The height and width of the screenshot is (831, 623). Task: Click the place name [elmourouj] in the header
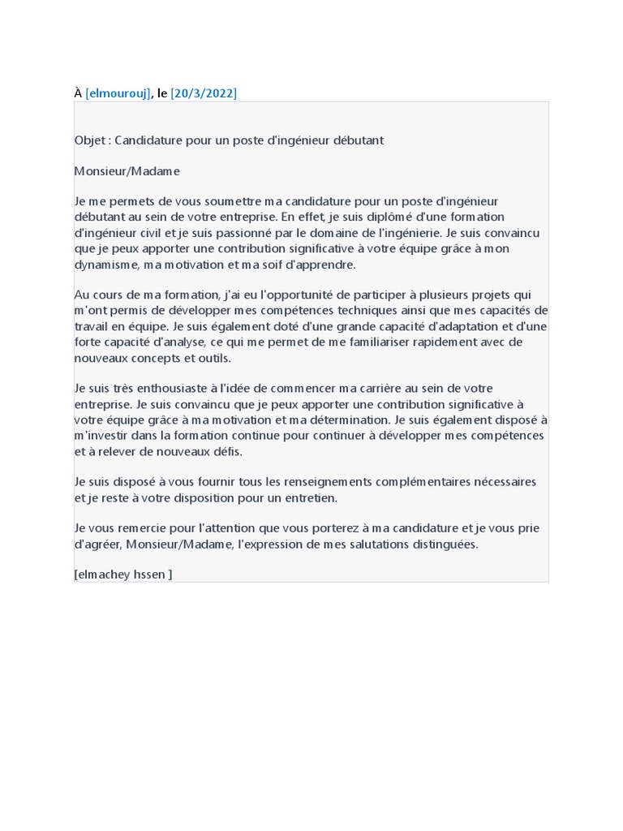click(x=118, y=93)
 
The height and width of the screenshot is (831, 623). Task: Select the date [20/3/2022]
click(x=204, y=93)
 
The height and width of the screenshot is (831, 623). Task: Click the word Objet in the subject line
click(x=90, y=140)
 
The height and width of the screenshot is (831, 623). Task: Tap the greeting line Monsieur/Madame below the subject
click(x=127, y=171)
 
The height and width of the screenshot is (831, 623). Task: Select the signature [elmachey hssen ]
click(x=122, y=575)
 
